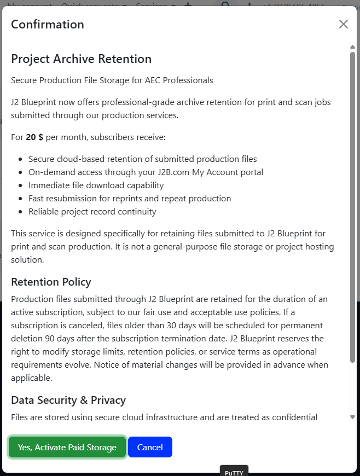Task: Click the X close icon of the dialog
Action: pyautogui.click(x=343, y=24)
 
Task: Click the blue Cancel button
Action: pyautogui.click(x=150, y=447)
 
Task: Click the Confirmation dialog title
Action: pyautogui.click(x=48, y=25)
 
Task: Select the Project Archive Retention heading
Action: pyautogui.click(x=81, y=59)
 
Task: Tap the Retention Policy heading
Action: pyautogui.click(x=51, y=282)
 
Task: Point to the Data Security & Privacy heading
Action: pyautogui.click(x=68, y=400)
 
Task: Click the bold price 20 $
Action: pyautogui.click(x=34, y=137)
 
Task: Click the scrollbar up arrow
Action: pyautogui.click(x=352, y=47)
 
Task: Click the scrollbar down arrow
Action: pyautogui.click(x=352, y=417)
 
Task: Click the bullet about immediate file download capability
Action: pyautogui.click(x=96, y=185)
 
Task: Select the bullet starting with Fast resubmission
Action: pyautogui.click(x=130, y=198)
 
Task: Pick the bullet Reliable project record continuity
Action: pyautogui.click(x=92, y=211)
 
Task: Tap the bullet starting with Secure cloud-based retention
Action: pyautogui.click(x=142, y=159)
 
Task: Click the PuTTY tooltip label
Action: pyautogui.click(x=234, y=472)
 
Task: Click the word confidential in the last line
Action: pyautogui.click(x=291, y=417)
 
